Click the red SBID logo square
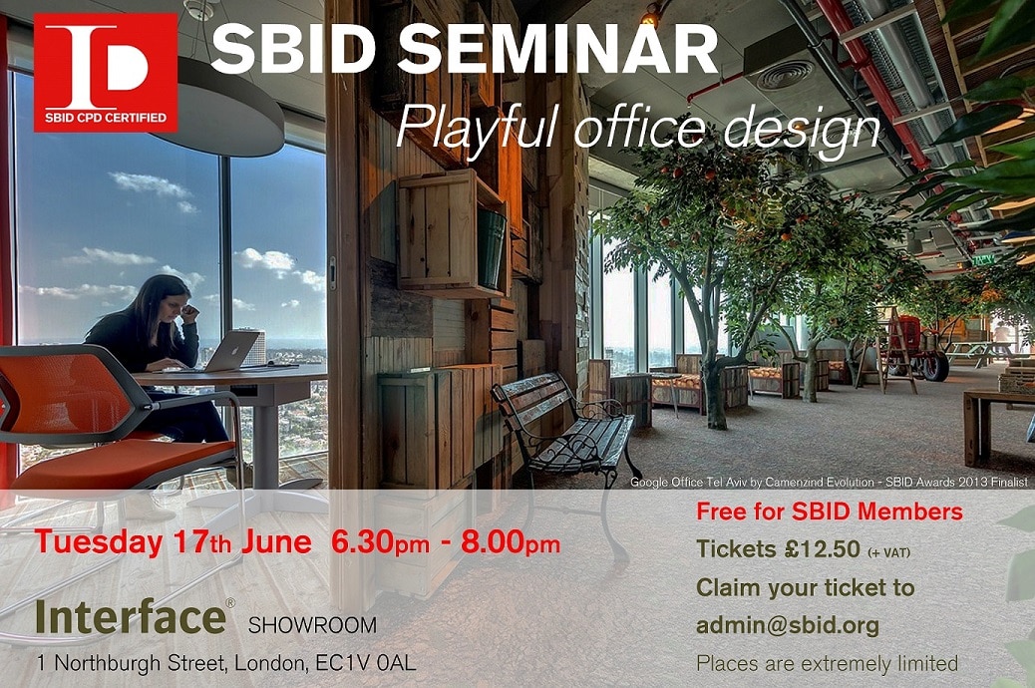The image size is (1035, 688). click(106, 72)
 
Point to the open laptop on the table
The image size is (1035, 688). click(231, 351)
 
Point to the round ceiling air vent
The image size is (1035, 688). click(786, 75)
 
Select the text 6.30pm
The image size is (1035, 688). click(380, 542)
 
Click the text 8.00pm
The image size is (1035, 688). click(511, 542)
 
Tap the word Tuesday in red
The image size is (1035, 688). click(99, 542)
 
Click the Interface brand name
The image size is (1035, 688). click(132, 616)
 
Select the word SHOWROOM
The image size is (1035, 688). click(312, 624)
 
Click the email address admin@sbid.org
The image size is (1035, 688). click(788, 625)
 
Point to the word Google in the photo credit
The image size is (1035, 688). click(648, 482)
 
